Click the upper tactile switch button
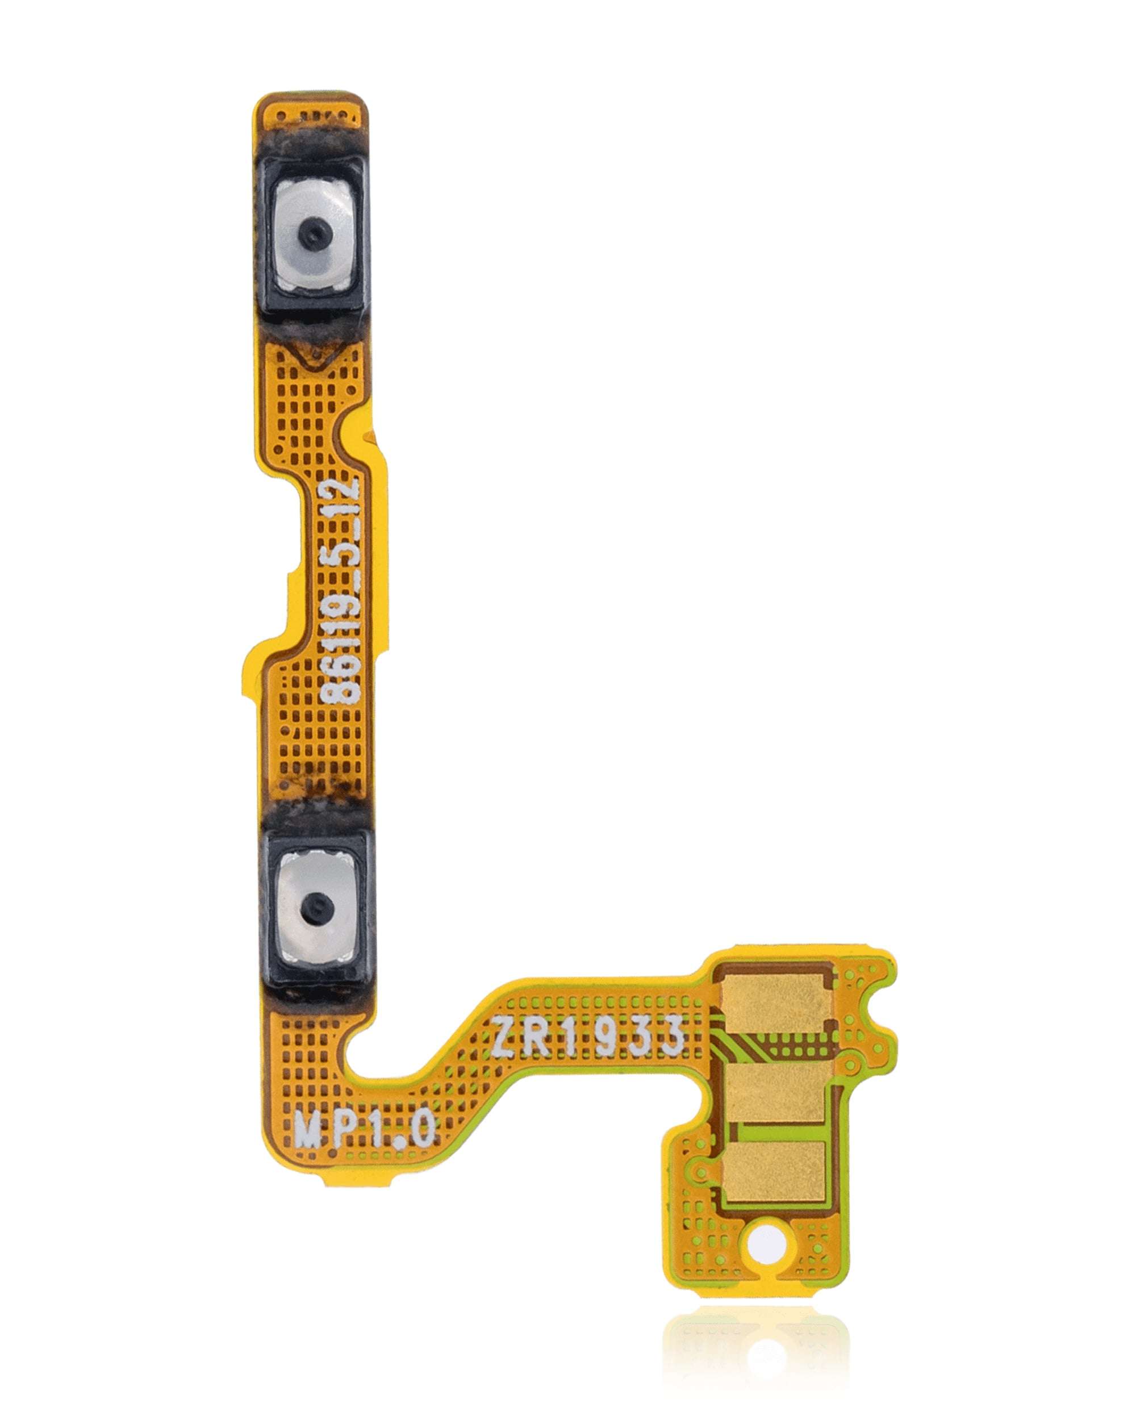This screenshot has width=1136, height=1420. point(314,234)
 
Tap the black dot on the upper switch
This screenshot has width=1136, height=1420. point(312,232)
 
